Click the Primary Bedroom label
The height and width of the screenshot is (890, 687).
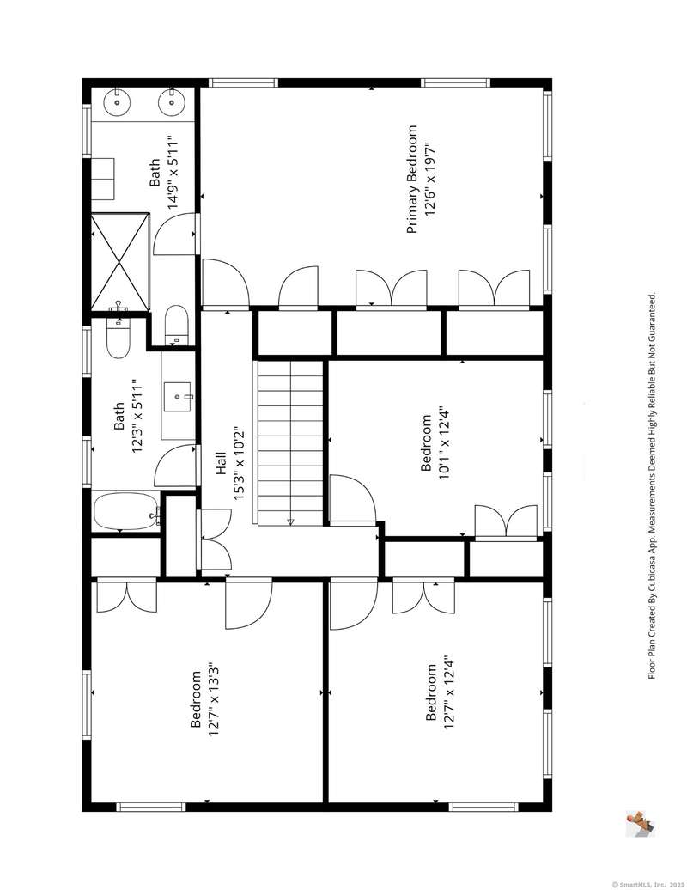[x=412, y=180]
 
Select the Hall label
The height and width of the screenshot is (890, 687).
[x=221, y=462]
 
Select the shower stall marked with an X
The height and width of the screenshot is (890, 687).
[x=120, y=262]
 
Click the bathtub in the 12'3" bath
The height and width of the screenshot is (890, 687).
[x=126, y=511]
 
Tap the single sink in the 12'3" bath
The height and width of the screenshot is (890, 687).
[x=178, y=396]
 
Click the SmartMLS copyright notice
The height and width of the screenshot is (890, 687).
[x=647, y=884]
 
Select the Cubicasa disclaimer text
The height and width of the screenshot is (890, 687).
[x=653, y=486]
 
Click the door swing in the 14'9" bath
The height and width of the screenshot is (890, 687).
[x=175, y=234]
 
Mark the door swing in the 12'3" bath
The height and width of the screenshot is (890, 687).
[x=176, y=466]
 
